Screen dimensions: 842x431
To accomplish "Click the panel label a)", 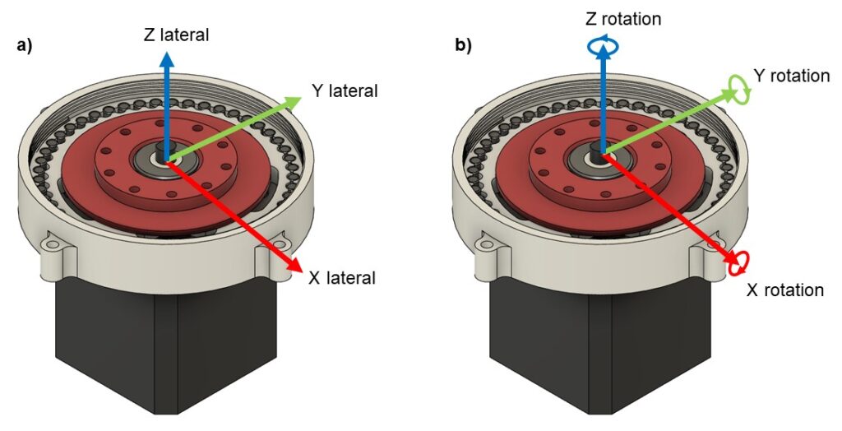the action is (x=24, y=46).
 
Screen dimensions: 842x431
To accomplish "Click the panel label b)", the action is (x=464, y=46).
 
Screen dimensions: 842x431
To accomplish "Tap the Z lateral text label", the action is (x=176, y=35).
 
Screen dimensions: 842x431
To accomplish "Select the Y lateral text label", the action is (x=345, y=90).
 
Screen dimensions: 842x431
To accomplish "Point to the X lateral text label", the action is (x=342, y=278).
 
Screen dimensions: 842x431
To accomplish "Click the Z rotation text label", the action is (x=623, y=19).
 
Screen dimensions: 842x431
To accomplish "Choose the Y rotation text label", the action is (x=792, y=76).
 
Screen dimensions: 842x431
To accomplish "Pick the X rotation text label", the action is (x=785, y=290).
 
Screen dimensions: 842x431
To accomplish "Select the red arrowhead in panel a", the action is (x=294, y=263).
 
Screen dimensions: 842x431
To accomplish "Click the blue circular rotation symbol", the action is (x=603, y=47).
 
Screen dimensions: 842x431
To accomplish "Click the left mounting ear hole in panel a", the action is (x=53, y=244).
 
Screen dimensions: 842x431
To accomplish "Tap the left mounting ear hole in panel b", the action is (x=487, y=246).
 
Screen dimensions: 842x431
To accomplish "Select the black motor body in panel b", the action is (x=600, y=350).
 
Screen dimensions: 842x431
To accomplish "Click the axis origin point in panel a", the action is (x=166, y=160).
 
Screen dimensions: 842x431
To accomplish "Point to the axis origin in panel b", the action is (x=603, y=155).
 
